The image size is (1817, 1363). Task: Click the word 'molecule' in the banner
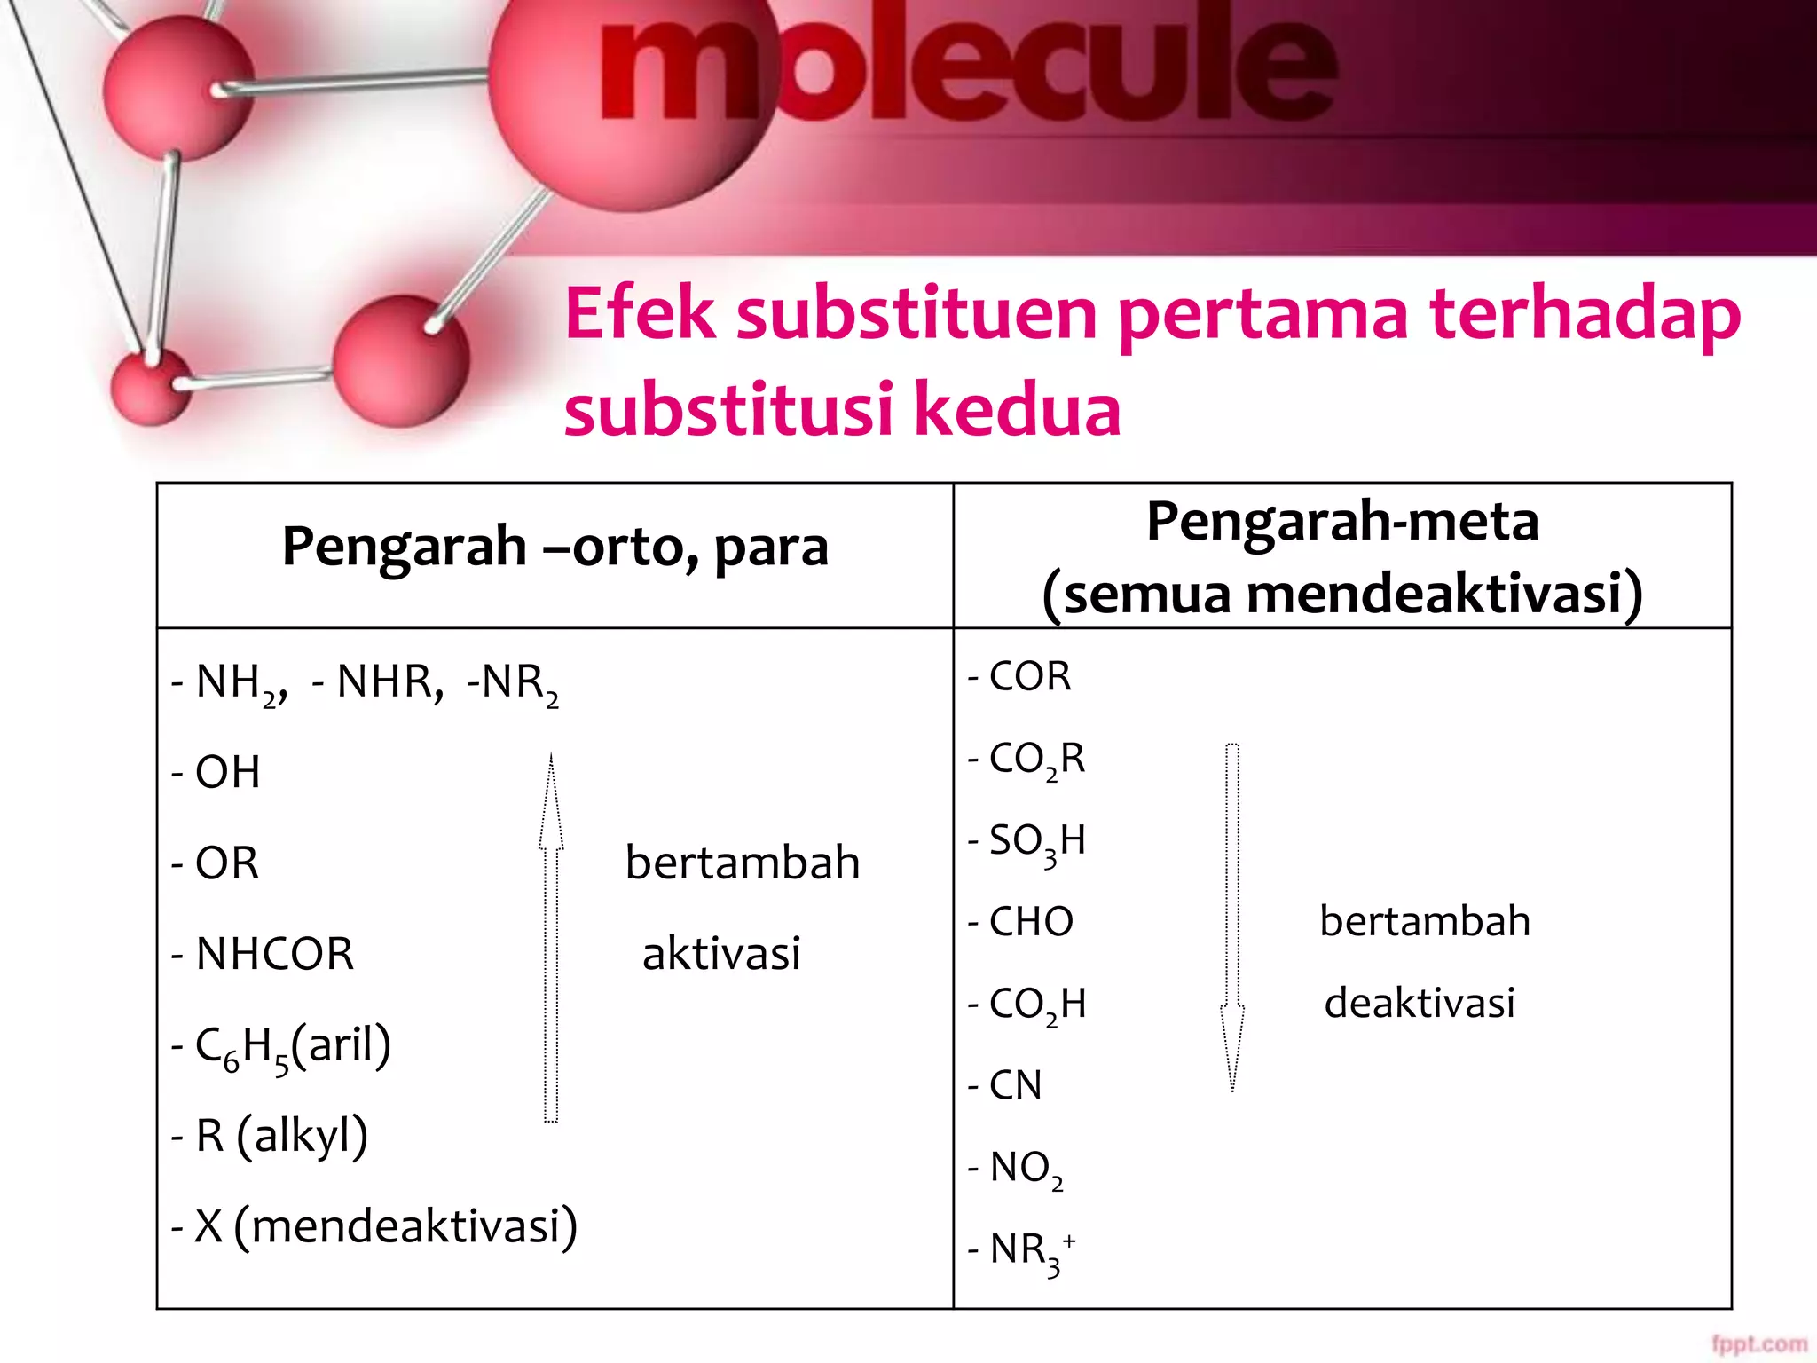967,67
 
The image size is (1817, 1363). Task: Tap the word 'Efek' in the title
640,314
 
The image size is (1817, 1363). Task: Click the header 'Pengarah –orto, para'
555,546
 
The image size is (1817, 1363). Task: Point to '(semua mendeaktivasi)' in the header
1342,594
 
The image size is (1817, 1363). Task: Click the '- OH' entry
216,772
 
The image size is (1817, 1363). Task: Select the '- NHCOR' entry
263,954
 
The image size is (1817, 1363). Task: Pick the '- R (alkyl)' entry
270,1136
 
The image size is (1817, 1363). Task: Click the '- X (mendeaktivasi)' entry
374,1226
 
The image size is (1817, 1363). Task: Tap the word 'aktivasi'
721,954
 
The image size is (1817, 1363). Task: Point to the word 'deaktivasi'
1420,1003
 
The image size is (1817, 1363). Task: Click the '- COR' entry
1019,676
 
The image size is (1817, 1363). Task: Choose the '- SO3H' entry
1026,840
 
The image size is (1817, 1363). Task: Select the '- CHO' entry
1020,922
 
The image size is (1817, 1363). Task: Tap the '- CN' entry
1004,1085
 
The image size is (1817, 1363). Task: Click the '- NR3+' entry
1021,1250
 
